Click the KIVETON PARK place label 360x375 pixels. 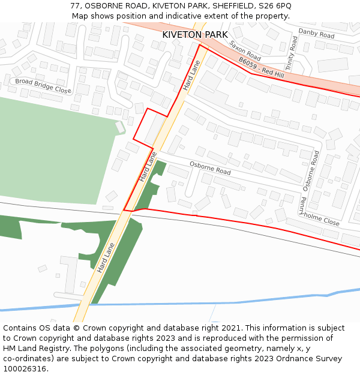click(x=195, y=35)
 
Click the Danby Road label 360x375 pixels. click(x=316, y=34)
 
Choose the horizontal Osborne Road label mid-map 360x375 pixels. click(x=210, y=168)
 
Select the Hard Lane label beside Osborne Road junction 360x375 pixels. click(x=148, y=166)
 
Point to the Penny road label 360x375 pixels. click(x=304, y=206)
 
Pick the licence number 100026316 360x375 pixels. click(x=25, y=369)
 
